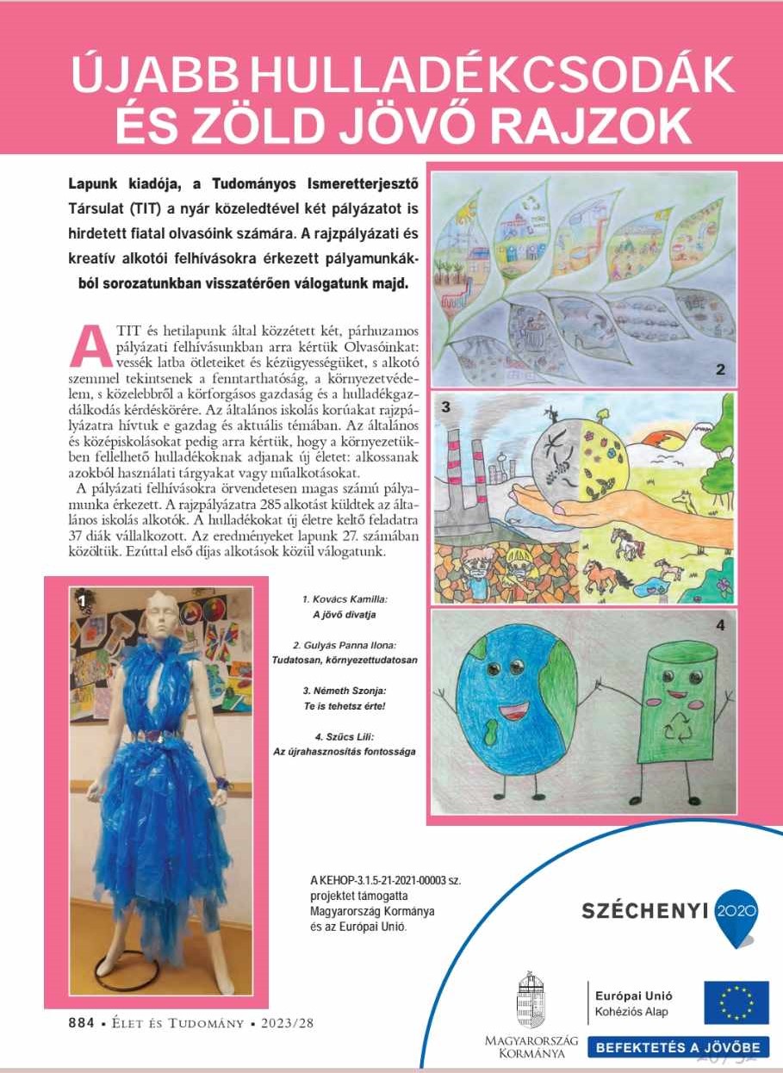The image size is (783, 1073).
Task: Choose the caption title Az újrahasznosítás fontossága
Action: click(x=344, y=751)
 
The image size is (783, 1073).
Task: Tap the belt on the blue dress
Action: click(x=158, y=735)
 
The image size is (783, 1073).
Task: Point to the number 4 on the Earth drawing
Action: click(x=721, y=625)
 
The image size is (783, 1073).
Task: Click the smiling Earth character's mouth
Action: click(x=513, y=713)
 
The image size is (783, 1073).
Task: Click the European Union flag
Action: click(x=736, y=1002)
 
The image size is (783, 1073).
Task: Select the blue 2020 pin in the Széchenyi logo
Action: click(x=736, y=913)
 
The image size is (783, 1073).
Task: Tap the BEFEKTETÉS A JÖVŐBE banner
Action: click(x=679, y=1048)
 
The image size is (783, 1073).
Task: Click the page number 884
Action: click(x=83, y=1023)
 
